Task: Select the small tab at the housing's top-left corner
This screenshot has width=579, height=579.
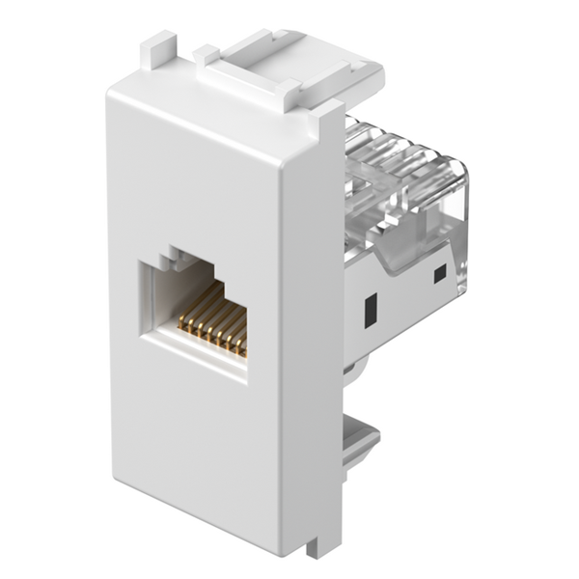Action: click(159, 53)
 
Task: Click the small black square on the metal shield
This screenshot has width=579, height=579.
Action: click(440, 275)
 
